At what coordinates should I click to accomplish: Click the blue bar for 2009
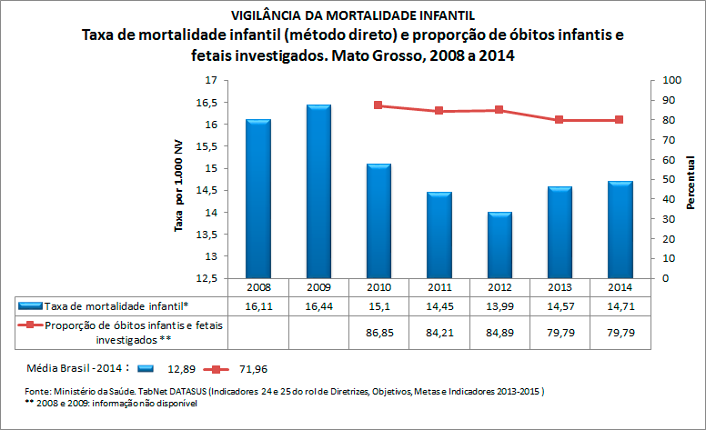[318, 191]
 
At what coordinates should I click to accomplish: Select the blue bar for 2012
[499, 245]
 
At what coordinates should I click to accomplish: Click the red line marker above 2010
[378, 105]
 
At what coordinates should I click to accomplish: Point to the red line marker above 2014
[619, 120]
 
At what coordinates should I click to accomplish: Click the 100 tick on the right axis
[671, 81]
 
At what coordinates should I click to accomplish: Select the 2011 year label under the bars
[439, 286]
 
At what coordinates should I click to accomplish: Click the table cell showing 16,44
[318, 306]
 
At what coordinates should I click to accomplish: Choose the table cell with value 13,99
[499, 306]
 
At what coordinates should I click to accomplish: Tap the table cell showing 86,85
[378, 334]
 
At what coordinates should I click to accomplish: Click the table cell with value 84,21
[439, 334]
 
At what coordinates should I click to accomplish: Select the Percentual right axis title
[691, 183]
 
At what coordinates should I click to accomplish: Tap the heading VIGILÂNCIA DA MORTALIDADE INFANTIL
[352, 15]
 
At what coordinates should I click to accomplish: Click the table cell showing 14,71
[619, 306]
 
